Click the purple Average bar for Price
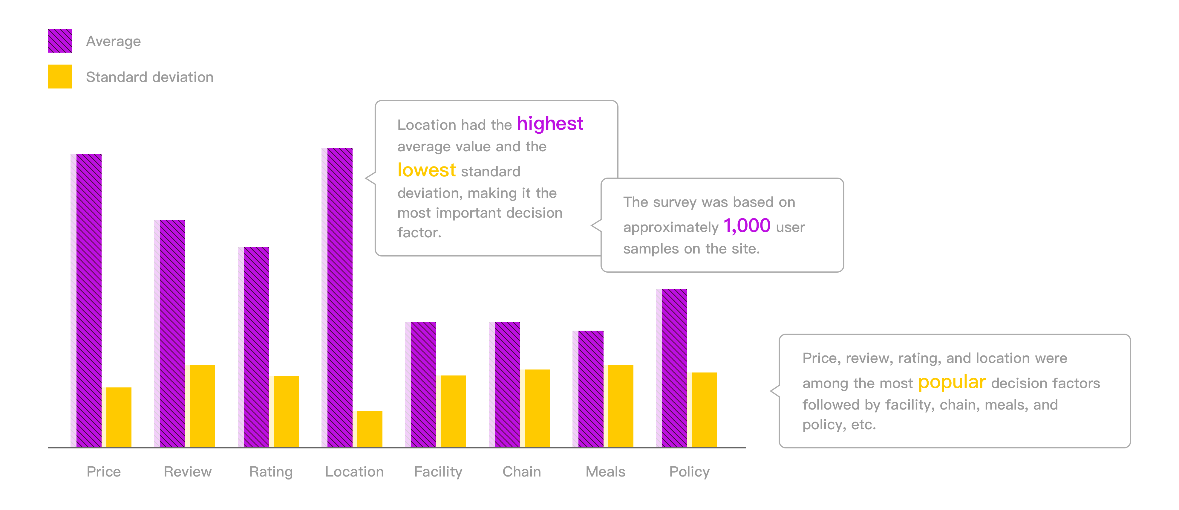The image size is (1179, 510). [89, 301]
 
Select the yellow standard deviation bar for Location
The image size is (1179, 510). [370, 429]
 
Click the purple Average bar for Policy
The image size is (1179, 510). [675, 368]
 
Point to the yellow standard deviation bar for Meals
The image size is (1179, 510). [621, 406]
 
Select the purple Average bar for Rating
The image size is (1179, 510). [256, 347]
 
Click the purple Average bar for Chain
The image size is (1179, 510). [507, 384]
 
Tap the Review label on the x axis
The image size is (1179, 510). [188, 471]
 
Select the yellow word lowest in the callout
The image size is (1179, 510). [427, 170]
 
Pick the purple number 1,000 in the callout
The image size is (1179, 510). [747, 226]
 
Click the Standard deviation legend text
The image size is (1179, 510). [150, 77]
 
